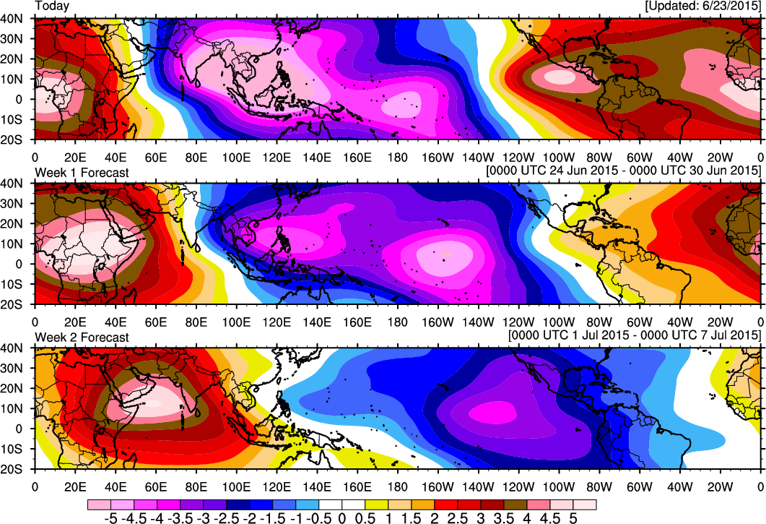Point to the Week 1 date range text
(x=624, y=170)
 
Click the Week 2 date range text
(x=635, y=335)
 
